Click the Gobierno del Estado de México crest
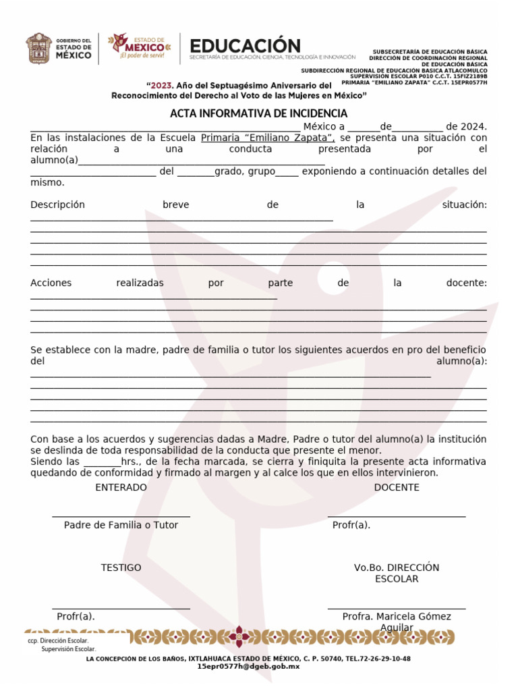pos(38,49)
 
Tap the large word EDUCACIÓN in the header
pos(246,46)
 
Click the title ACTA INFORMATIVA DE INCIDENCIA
pos(259,113)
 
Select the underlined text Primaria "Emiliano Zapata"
pos(268,138)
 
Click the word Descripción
pos(57,204)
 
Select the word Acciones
pos(51,283)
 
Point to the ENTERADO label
pos(121,487)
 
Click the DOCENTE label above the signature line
pos(397,487)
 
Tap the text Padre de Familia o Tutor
pos(121,525)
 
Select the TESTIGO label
pos(121,568)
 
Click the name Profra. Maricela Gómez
pos(397,616)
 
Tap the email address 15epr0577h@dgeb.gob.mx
pos(248,666)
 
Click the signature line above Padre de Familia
pos(121,517)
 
